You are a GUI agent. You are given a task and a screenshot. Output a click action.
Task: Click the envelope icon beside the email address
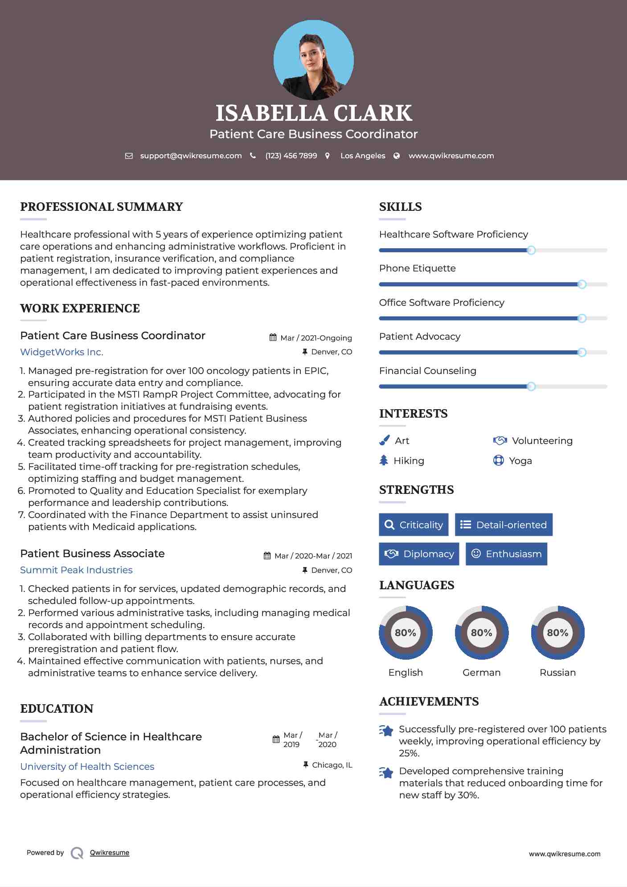[129, 156]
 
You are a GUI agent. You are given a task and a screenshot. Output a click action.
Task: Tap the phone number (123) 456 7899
[291, 156]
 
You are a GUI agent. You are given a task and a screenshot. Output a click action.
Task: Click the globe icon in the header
[397, 156]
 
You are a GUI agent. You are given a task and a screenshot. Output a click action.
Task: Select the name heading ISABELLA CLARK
[314, 113]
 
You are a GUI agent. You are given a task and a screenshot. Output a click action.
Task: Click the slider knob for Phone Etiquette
[582, 284]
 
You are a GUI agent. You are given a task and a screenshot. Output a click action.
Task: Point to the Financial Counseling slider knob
[531, 386]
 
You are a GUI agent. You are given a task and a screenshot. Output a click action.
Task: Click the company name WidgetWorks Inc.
[61, 352]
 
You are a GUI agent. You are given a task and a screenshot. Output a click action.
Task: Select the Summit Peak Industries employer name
[76, 570]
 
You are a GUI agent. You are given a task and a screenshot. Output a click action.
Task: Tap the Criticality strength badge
[414, 525]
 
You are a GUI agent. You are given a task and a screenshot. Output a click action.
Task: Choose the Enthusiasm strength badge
[506, 554]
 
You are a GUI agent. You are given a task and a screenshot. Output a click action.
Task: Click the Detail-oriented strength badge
[504, 525]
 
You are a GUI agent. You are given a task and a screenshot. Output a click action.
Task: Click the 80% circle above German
[481, 632]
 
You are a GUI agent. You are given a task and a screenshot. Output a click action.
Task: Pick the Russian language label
[557, 673]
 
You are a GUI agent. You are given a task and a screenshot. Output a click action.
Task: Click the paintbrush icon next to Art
[384, 441]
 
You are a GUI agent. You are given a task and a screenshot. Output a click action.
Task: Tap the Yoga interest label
[520, 461]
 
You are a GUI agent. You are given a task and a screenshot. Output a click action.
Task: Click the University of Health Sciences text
[87, 767]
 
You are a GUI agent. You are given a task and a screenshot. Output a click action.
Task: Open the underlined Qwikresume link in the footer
[110, 853]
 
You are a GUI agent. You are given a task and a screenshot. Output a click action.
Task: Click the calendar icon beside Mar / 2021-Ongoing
[273, 338]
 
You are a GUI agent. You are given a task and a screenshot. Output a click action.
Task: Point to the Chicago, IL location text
[332, 765]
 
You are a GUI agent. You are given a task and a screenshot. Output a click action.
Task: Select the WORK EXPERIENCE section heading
[80, 308]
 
